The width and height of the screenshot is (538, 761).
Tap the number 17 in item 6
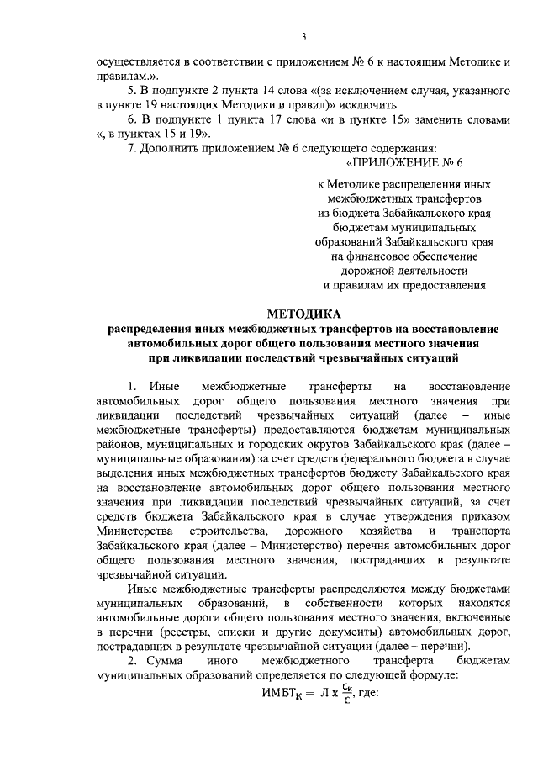[x=272, y=119]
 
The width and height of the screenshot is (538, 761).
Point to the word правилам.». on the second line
[x=126, y=77]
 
